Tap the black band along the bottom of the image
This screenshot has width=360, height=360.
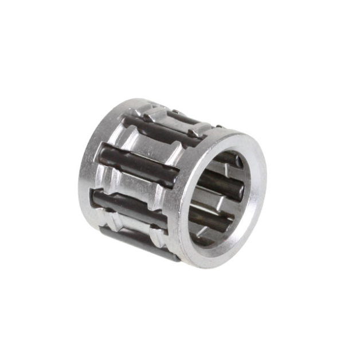tap(180, 338)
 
